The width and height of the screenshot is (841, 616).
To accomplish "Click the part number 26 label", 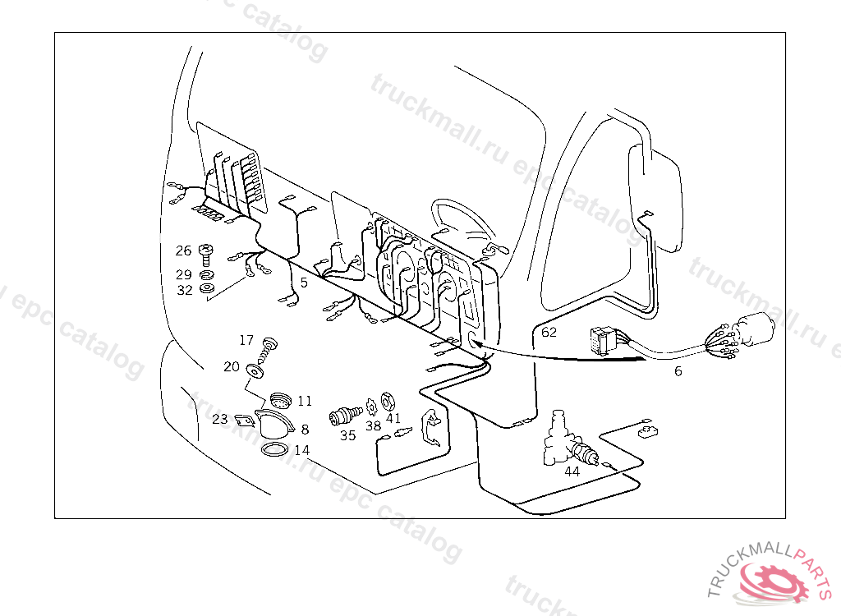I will coord(183,251).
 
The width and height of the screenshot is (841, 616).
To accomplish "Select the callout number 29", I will coord(183,274).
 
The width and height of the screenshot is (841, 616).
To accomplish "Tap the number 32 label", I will coord(184,290).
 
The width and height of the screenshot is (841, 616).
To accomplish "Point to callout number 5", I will coord(303,283).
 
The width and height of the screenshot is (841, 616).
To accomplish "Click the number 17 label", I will coord(246,340).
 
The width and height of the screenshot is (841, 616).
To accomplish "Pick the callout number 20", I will coord(232,367).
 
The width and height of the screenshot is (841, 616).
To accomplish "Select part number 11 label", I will coord(305,401).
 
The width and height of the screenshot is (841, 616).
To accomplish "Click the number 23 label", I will coord(219,419).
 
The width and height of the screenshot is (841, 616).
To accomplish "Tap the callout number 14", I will coord(302,450).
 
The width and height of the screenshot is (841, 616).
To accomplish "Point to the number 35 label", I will coord(348,435).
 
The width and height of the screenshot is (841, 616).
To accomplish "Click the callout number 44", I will coord(572,471).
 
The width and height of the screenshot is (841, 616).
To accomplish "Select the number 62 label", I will coord(549,333).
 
